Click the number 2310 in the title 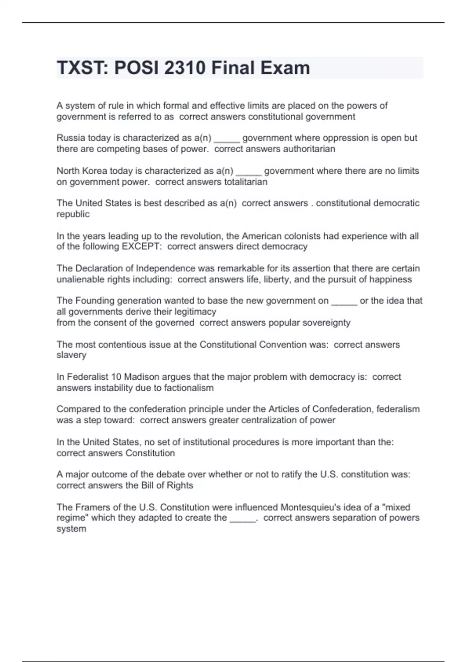tap(184, 68)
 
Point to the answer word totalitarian tap(246, 182)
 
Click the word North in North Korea tap(68, 171)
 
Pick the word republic tap(73, 214)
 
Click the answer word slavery tap(71, 355)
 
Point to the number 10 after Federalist tap(116, 377)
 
